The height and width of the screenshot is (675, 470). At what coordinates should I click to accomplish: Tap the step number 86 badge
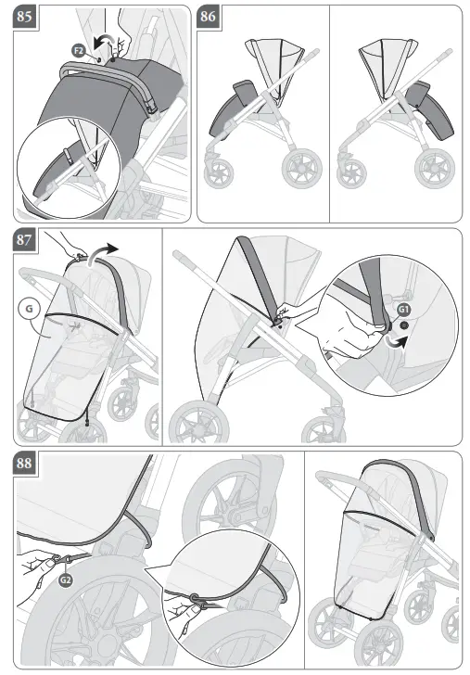(210, 17)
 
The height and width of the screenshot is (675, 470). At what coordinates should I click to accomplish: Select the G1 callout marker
(403, 309)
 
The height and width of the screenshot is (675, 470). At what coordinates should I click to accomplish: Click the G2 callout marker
(65, 580)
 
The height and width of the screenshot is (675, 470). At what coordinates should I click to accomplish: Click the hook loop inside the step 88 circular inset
(196, 597)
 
